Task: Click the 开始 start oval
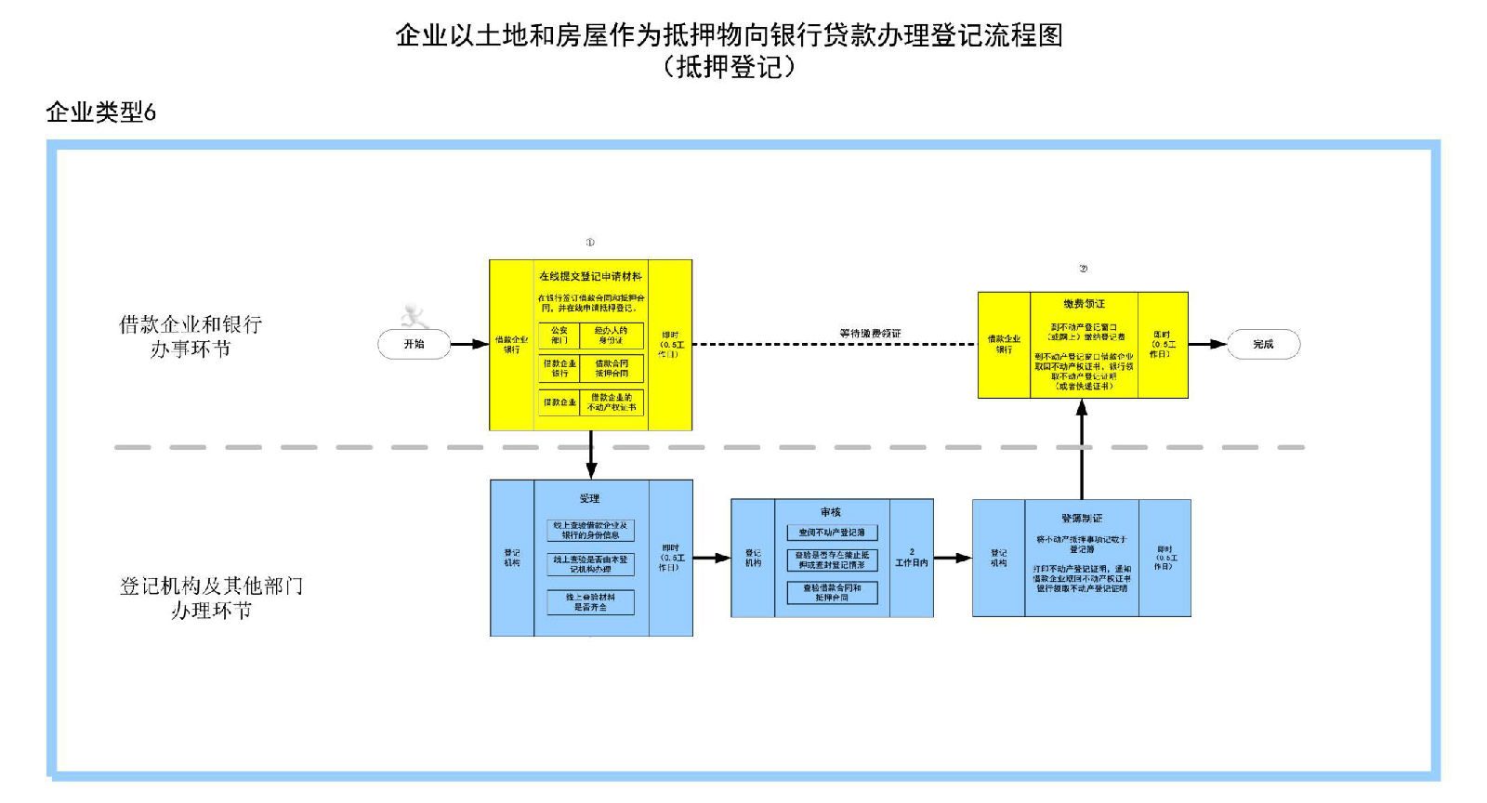pyautogui.click(x=414, y=344)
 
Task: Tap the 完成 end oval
pyautogui.click(x=1263, y=344)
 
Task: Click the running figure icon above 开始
pyautogui.click(x=414, y=317)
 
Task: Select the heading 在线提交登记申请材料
pyautogui.click(x=590, y=276)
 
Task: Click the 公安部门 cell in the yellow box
pyautogui.click(x=559, y=335)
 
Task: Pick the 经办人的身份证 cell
pyautogui.click(x=612, y=335)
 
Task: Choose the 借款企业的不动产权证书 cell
pyautogui.click(x=612, y=402)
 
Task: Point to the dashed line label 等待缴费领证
pyautogui.click(x=870, y=333)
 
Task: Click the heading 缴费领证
pyautogui.click(x=1084, y=304)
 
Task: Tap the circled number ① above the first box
pyautogui.click(x=590, y=243)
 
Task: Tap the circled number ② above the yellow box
pyautogui.click(x=1083, y=269)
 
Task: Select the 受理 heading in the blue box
pyautogui.click(x=590, y=498)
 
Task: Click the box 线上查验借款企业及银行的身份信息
pyautogui.click(x=590, y=530)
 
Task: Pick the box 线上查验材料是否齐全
pyautogui.click(x=590, y=602)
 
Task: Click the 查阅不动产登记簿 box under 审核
pyautogui.click(x=832, y=533)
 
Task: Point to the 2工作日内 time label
pyautogui.click(x=911, y=558)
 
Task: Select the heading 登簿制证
pyautogui.click(x=1082, y=518)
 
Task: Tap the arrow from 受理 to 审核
pyautogui.click(x=712, y=558)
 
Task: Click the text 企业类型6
pyautogui.click(x=100, y=112)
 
